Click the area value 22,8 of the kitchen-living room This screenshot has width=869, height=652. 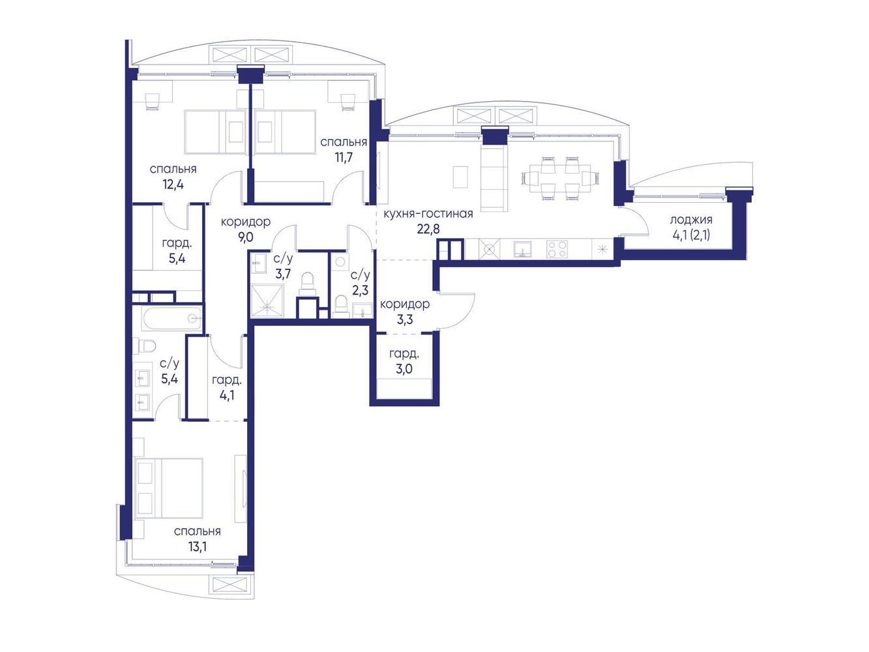point(428,229)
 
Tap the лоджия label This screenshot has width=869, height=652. point(691,220)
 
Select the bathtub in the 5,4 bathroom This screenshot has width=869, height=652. point(172,318)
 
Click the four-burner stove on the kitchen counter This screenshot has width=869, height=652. point(557,249)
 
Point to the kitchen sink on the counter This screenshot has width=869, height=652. point(522,249)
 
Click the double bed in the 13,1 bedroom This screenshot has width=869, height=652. point(169,488)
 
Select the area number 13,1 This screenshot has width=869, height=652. point(198,547)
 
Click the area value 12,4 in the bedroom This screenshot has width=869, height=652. point(173,185)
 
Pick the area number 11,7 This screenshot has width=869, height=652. point(344,158)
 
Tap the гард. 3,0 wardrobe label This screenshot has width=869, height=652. point(404,361)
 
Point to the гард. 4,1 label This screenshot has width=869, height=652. point(226,387)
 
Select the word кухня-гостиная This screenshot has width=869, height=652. point(428,214)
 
